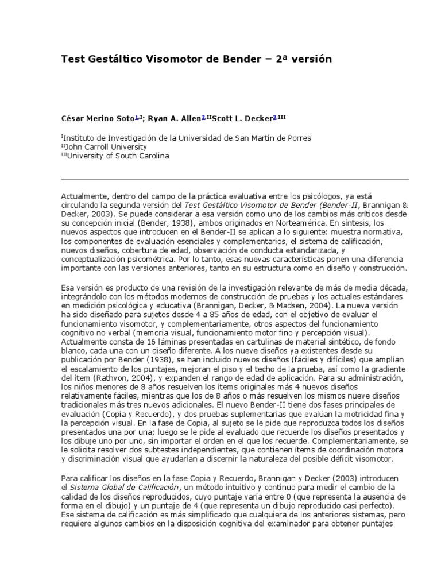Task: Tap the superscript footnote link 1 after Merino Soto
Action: tap(136, 117)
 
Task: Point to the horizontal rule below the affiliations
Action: tap(235, 179)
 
